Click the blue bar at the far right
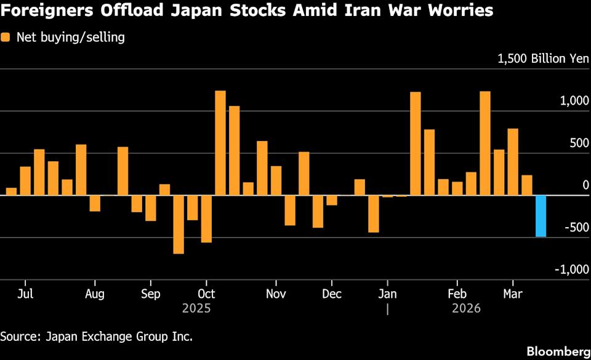[x=541, y=216]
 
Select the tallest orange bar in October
[x=220, y=143]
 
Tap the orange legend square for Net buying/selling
[x=6, y=38]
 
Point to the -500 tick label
[x=576, y=228]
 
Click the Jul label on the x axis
[x=25, y=294]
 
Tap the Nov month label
[x=276, y=294]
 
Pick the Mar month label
[x=512, y=294]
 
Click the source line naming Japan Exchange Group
[x=96, y=336]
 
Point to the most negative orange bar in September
[x=179, y=224]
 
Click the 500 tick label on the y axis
[x=579, y=143]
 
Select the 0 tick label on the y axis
[x=586, y=185]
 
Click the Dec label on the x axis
[x=332, y=294]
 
